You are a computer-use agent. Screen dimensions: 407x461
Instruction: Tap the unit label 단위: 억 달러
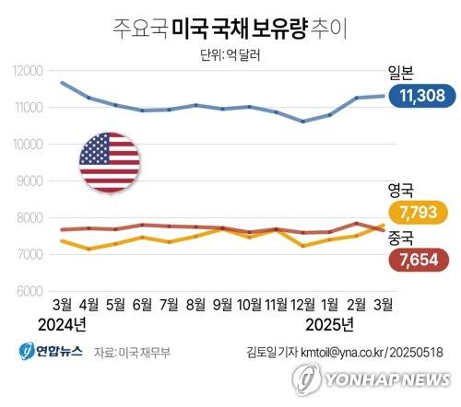click(230, 54)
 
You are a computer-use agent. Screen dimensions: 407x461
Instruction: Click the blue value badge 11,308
click(419, 95)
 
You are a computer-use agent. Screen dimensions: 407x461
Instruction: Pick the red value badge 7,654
click(419, 260)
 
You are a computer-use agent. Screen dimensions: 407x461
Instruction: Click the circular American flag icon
click(109, 162)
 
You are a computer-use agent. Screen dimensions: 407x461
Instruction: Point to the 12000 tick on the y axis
click(28, 71)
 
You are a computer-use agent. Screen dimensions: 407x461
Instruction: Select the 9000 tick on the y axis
click(30, 181)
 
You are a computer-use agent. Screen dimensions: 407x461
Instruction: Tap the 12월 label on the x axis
click(303, 305)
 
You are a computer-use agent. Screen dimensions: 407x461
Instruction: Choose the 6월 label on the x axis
click(142, 305)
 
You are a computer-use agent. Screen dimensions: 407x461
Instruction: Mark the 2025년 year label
click(330, 325)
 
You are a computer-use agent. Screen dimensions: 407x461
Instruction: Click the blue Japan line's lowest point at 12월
click(303, 122)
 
